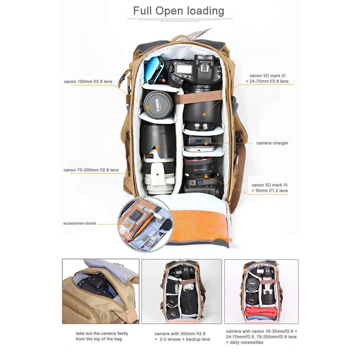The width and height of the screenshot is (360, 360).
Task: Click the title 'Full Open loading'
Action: click(179, 11)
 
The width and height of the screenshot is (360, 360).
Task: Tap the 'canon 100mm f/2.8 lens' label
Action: click(88, 82)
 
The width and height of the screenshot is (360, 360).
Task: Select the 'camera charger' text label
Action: click(272, 143)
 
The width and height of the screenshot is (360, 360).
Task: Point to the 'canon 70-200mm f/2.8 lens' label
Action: click(91, 170)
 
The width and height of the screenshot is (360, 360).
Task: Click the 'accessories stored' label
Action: click(79, 223)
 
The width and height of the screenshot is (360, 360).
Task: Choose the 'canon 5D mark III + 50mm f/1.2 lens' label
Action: click(270, 188)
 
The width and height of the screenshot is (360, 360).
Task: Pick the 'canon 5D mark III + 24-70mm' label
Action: click(269, 78)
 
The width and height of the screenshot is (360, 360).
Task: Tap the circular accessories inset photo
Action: click(145, 224)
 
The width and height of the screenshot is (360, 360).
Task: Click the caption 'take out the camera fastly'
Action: click(102, 336)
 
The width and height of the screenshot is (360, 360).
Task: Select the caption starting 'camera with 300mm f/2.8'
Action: click(182, 336)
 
